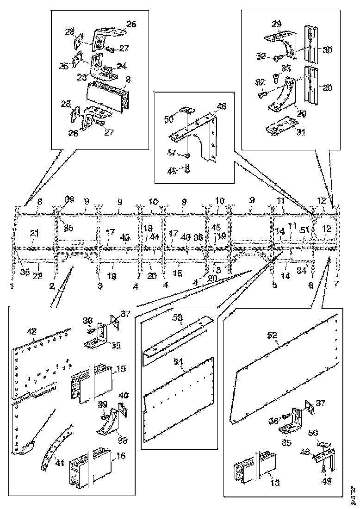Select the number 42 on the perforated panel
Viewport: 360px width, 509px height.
[31, 331]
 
